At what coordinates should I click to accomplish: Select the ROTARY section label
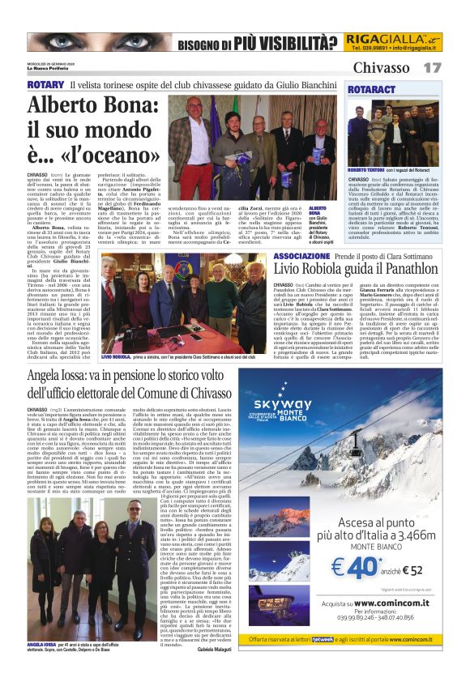45,84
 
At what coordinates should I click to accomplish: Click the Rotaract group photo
394,133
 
